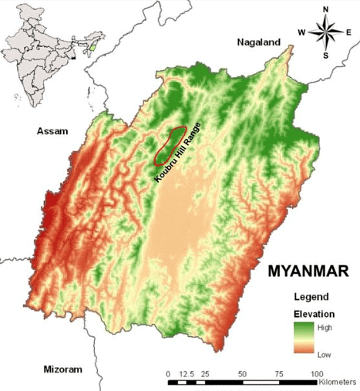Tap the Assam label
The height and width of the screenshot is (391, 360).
52,132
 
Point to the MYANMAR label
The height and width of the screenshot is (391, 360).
308,271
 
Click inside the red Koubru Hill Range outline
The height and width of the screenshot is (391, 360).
169,145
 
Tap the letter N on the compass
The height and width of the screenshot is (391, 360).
325,9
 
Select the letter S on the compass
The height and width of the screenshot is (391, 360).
325,56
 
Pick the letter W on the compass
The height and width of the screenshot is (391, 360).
301,32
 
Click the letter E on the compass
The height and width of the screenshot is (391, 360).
349,32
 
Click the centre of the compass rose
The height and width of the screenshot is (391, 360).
325,32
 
